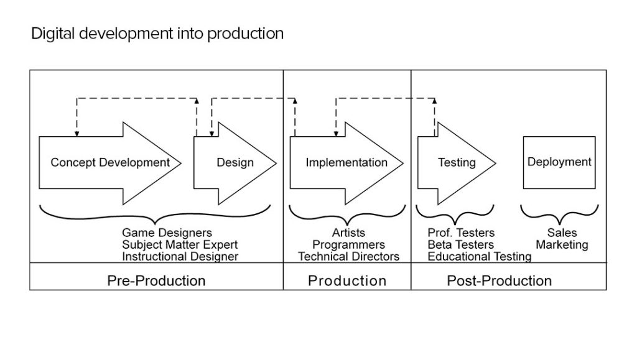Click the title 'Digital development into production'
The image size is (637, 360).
157,34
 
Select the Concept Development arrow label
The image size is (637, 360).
110,163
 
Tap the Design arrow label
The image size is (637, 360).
235,163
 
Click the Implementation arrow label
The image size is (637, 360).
346,163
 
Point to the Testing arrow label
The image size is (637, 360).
457,163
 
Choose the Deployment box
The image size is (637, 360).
559,162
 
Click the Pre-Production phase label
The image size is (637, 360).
156,280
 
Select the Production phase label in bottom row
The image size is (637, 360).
347,280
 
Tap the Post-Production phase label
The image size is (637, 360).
499,280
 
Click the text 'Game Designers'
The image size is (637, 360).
167,234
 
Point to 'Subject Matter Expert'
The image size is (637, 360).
180,245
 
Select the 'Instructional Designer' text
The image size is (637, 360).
180,256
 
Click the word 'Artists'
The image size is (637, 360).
348,234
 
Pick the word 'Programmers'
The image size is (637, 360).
348,245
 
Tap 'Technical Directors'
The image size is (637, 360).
348,256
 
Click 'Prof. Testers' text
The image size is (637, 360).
461,234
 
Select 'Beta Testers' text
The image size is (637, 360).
460,245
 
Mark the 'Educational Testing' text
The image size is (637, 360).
479,256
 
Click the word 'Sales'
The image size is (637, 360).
562,234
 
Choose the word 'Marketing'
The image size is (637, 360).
562,245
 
